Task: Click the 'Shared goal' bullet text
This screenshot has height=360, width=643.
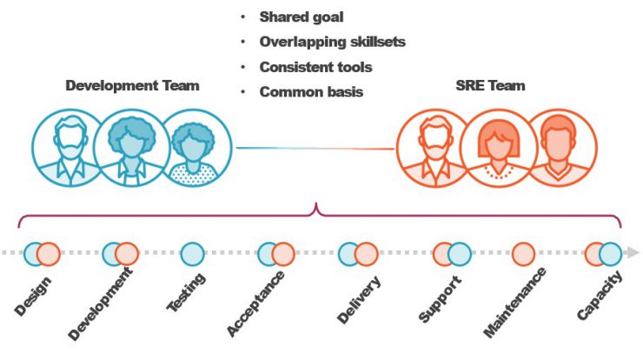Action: (302, 17)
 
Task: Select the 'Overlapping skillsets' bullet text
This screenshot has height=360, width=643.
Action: (333, 42)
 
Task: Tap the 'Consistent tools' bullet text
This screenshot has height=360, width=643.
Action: (315, 67)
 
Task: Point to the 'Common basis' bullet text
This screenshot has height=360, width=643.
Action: (311, 91)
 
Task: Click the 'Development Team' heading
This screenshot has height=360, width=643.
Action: (132, 85)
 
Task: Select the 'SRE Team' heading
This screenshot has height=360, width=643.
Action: (490, 85)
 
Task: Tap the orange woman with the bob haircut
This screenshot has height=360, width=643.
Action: (499, 148)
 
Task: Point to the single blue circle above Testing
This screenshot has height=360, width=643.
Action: (192, 254)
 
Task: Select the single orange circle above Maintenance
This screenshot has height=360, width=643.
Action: (524, 254)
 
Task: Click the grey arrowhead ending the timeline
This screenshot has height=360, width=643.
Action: (633, 252)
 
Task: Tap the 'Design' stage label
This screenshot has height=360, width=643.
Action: (33, 296)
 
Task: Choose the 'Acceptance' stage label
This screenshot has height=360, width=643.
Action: (255, 303)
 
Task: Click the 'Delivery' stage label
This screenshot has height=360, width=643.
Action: (359, 300)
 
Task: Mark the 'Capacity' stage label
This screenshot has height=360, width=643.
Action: (600, 295)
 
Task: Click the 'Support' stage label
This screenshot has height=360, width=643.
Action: (441, 299)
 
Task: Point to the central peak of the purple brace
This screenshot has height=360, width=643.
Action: (316, 203)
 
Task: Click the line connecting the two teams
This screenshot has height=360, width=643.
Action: (315, 148)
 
